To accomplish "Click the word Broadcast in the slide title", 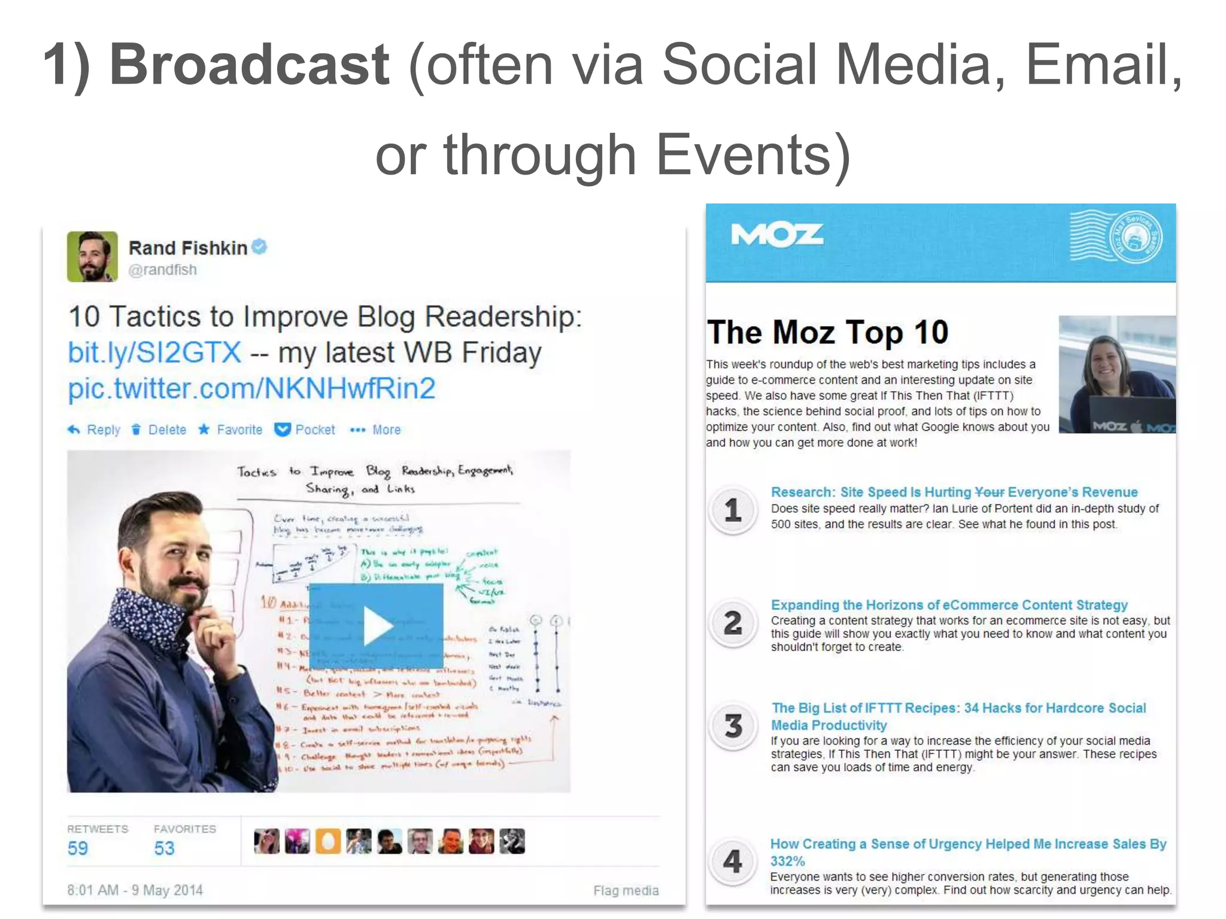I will (x=250, y=65).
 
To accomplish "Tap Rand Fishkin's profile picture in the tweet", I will (x=92, y=257).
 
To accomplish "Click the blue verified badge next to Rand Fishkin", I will (x=259, y=247).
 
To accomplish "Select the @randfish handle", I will (x=162, y=270).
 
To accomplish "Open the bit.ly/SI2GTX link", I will (x=154, y=352).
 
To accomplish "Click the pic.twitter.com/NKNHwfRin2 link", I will (x=251, y=389).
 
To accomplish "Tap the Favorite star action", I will (x=230, y=430).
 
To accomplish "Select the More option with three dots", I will (x=375, y=430).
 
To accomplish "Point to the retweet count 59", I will (x=78, y=848).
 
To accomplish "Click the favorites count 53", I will (x=164, y=848).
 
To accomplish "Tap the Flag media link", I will (x=626, y=890).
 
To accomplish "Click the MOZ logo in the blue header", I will (x=777, y=235).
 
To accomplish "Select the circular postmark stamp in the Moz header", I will (x=1134, y=238).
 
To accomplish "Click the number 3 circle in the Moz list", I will (x=733, y=726).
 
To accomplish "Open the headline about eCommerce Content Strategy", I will (x=949, y=605).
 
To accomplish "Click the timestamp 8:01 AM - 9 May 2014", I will (x=135, y=890).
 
